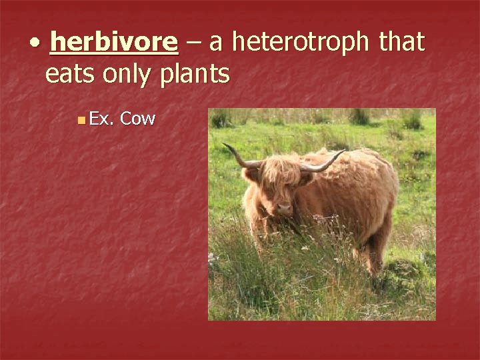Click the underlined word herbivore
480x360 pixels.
pos(113,43)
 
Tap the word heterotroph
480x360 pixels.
pos(299,43)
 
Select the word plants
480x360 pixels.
pos(194,75)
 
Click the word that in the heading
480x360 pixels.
pos(401,43)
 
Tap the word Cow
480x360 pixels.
pos(139,119)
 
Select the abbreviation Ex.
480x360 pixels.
pos(102,119)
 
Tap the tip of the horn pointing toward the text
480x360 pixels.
pos(225,145)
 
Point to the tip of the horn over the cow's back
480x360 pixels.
pos(344,152)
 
